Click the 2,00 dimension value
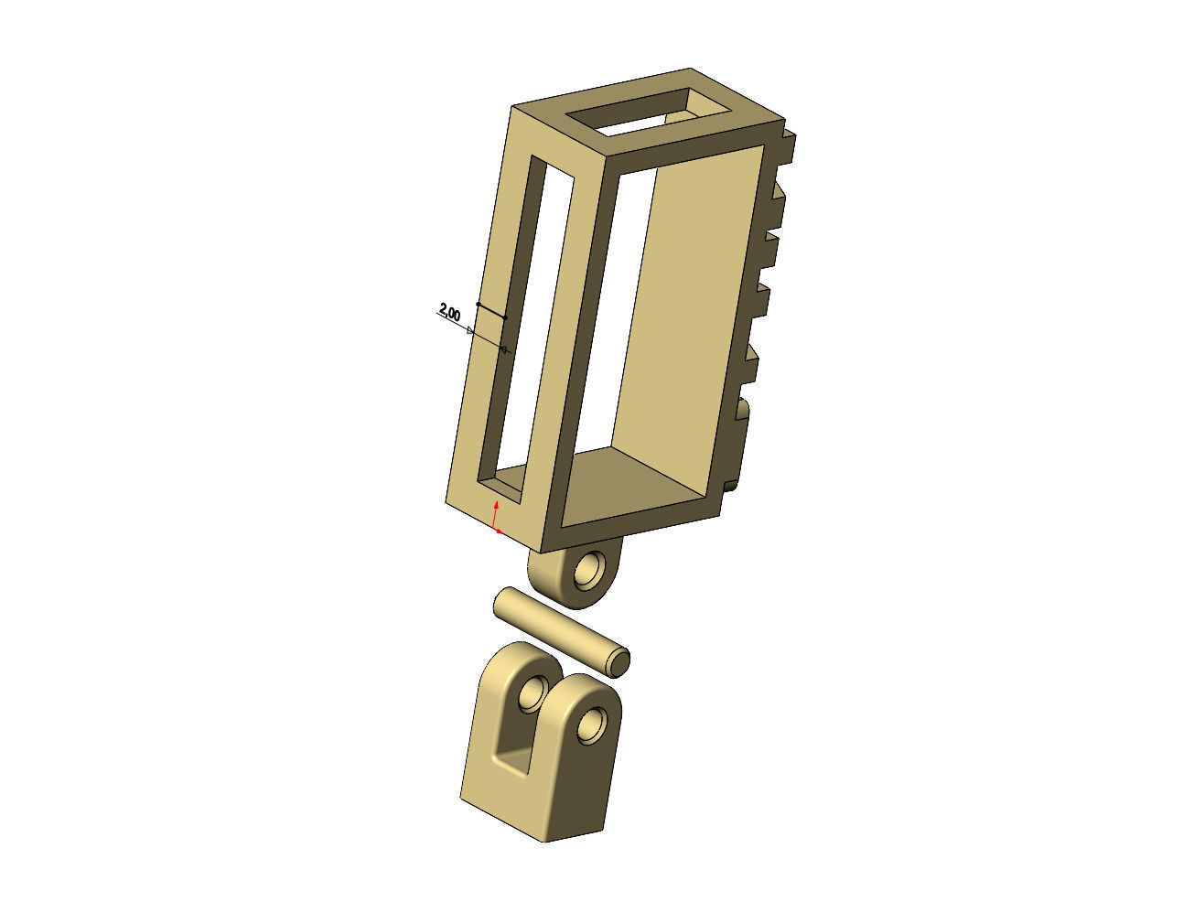450,312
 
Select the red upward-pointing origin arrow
496,506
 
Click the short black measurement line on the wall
491,310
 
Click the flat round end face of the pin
619,661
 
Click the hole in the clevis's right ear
592,724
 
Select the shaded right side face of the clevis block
581,787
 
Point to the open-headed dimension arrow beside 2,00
470,330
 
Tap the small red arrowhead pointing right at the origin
500,531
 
